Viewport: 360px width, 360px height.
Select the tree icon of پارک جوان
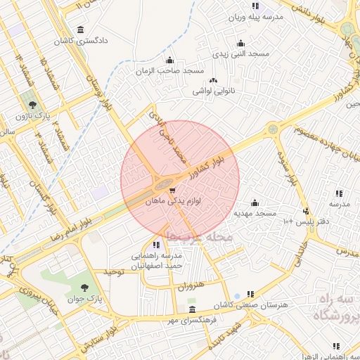[85, 287]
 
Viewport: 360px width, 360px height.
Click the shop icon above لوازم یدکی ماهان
[172, 190]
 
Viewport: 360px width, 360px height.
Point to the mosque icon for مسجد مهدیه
[255, 202]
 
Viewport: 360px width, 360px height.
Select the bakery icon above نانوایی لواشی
[213, 81]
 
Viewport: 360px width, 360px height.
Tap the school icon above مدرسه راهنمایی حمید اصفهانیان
[156, 244]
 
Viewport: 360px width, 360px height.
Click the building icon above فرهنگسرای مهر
[192, 309]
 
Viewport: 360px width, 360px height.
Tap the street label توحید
[114, 271]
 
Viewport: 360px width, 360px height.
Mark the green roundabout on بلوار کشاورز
[272, 129]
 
